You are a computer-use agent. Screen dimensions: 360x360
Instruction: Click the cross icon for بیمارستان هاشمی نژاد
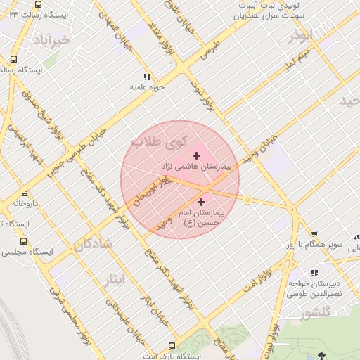pyautogui.click(x=196, y=155)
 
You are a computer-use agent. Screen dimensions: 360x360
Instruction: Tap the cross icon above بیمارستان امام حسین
pyautogui.click(x=202, y=202)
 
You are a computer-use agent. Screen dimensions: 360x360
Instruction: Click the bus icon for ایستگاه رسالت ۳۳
pyautogui.click(x=37, y=4)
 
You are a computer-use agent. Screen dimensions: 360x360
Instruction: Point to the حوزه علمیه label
pyautogui.click(x=146, y=88)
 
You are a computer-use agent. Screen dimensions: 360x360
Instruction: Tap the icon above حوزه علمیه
pyautogui.click(x=146, y=77)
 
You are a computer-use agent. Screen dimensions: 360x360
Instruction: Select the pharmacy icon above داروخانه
pyautogui.click(x=25, y=193)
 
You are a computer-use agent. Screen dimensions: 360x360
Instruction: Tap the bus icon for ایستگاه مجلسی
pyautogui.click(x=23, y=241)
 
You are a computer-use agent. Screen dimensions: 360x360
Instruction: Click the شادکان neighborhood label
pyautogui.click(x=92, y=245)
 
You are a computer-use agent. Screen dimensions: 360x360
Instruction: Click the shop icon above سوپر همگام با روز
pyautogui.click(x=314, y=235)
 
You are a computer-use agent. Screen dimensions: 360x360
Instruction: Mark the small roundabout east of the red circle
pyautogui.click(x=247, y=199)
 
